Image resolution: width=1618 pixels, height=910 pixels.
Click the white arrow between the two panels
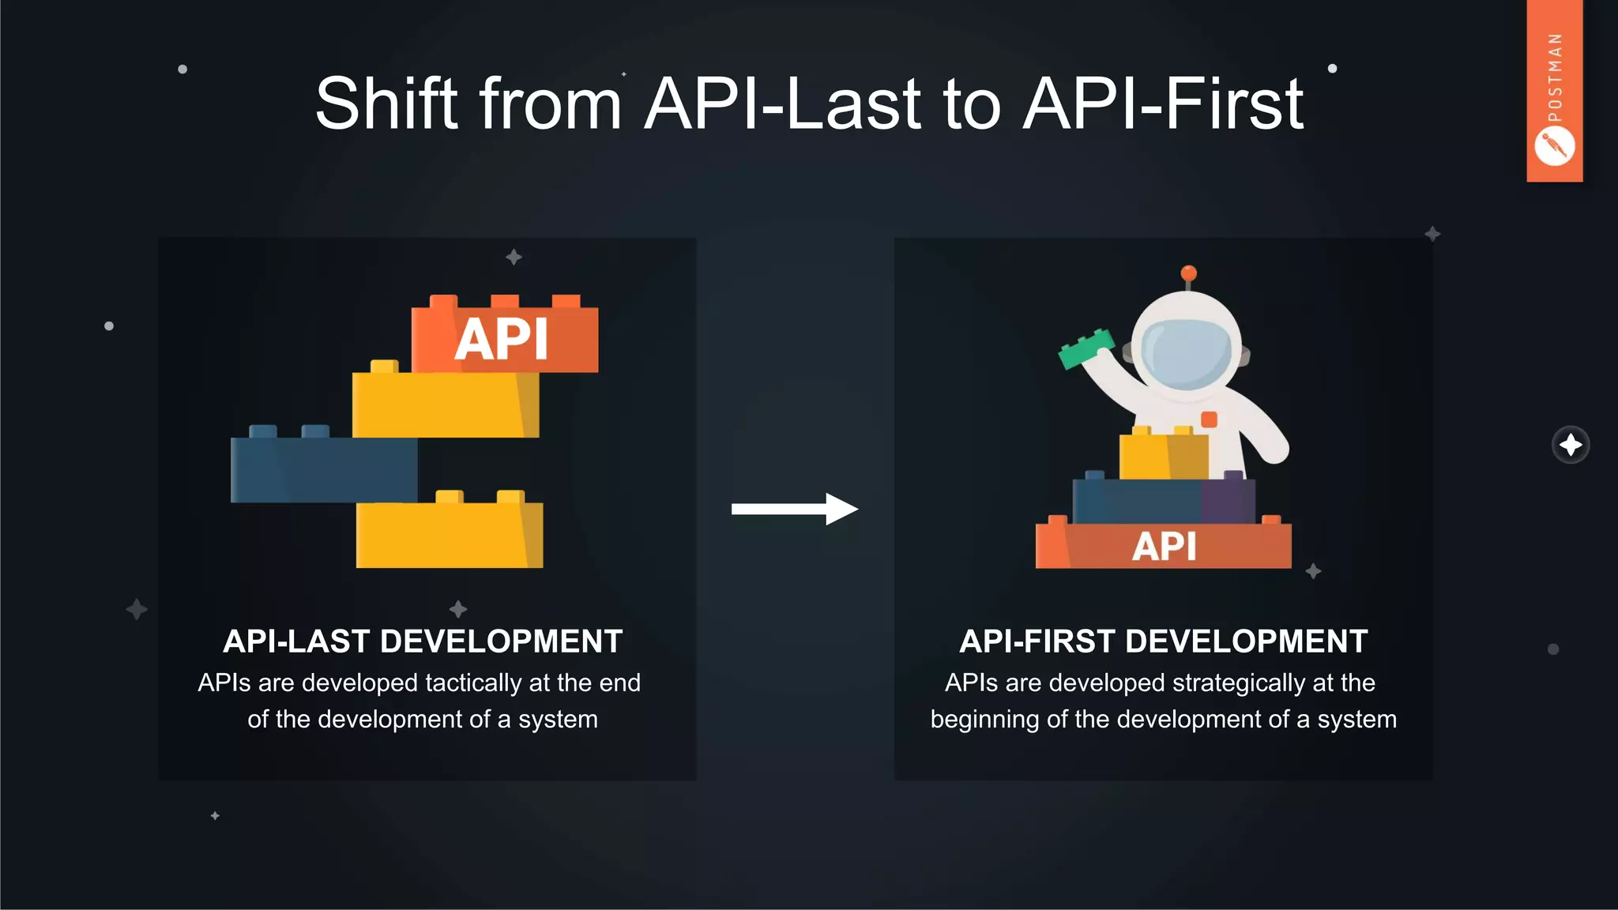[794, 509]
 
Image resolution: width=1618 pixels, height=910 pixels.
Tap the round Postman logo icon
[1554, 147]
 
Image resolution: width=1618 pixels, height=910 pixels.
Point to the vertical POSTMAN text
[1555, 77]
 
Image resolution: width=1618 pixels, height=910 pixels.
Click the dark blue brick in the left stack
[323, 469]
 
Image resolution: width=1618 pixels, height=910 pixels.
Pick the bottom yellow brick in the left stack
[449, 534]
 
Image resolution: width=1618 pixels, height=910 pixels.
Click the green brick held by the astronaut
[1086, 348]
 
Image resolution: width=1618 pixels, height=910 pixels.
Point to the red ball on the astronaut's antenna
[1188, 273]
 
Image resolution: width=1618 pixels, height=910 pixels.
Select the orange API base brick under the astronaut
[1163, 546]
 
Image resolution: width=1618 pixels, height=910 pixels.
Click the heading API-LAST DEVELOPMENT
[423, 641]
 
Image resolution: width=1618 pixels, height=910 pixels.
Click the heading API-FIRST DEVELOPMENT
[1163, 641]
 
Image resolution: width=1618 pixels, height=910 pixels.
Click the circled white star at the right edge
[1571, 445]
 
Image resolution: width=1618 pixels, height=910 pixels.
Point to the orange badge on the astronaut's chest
[1209, 419]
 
